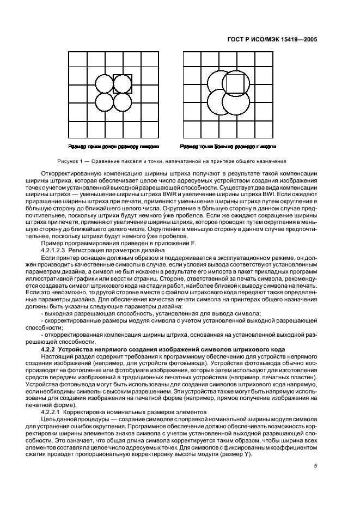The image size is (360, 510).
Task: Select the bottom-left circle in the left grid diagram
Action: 105,102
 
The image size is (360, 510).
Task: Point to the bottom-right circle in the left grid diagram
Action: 123,102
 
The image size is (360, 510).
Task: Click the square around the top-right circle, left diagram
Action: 123,83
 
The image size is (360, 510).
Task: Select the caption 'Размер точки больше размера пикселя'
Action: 228,147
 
